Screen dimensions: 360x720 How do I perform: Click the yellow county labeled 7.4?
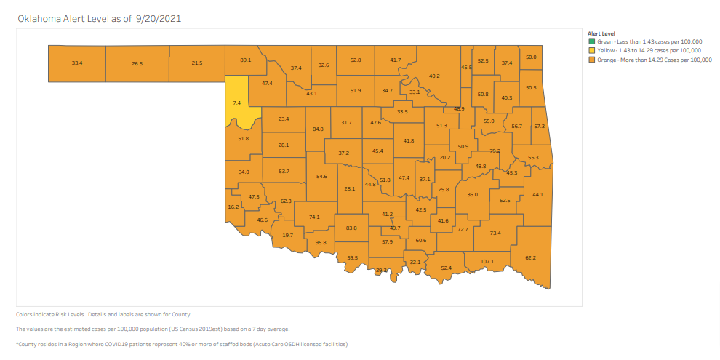(236, 103)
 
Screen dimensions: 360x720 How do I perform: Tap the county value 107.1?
(487, 261)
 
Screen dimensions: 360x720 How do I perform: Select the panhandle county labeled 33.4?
(77, 63)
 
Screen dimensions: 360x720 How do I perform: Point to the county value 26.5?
(137, 63)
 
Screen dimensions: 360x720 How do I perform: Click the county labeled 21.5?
(197, 63)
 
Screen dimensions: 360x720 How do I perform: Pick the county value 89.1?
(245, 60)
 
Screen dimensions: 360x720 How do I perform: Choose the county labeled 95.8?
(321, 242)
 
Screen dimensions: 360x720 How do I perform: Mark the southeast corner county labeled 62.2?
(530, 257)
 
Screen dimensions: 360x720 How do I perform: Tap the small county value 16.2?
(233, 207)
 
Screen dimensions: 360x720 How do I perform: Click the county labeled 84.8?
(318, 129)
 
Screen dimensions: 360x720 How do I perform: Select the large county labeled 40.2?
(434, 76)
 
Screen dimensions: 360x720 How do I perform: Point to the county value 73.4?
(495, 233)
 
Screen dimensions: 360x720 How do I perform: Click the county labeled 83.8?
(351, 228)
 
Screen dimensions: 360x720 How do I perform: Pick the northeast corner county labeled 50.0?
(531, 57)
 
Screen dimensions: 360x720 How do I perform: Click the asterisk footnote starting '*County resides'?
(182, 343)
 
